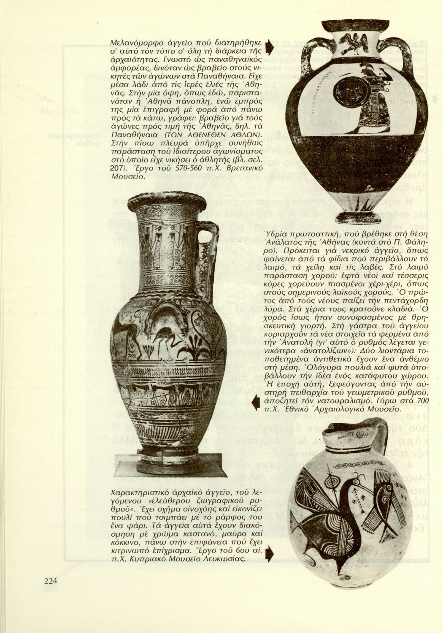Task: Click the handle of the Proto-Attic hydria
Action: click(x=209, y=257)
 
